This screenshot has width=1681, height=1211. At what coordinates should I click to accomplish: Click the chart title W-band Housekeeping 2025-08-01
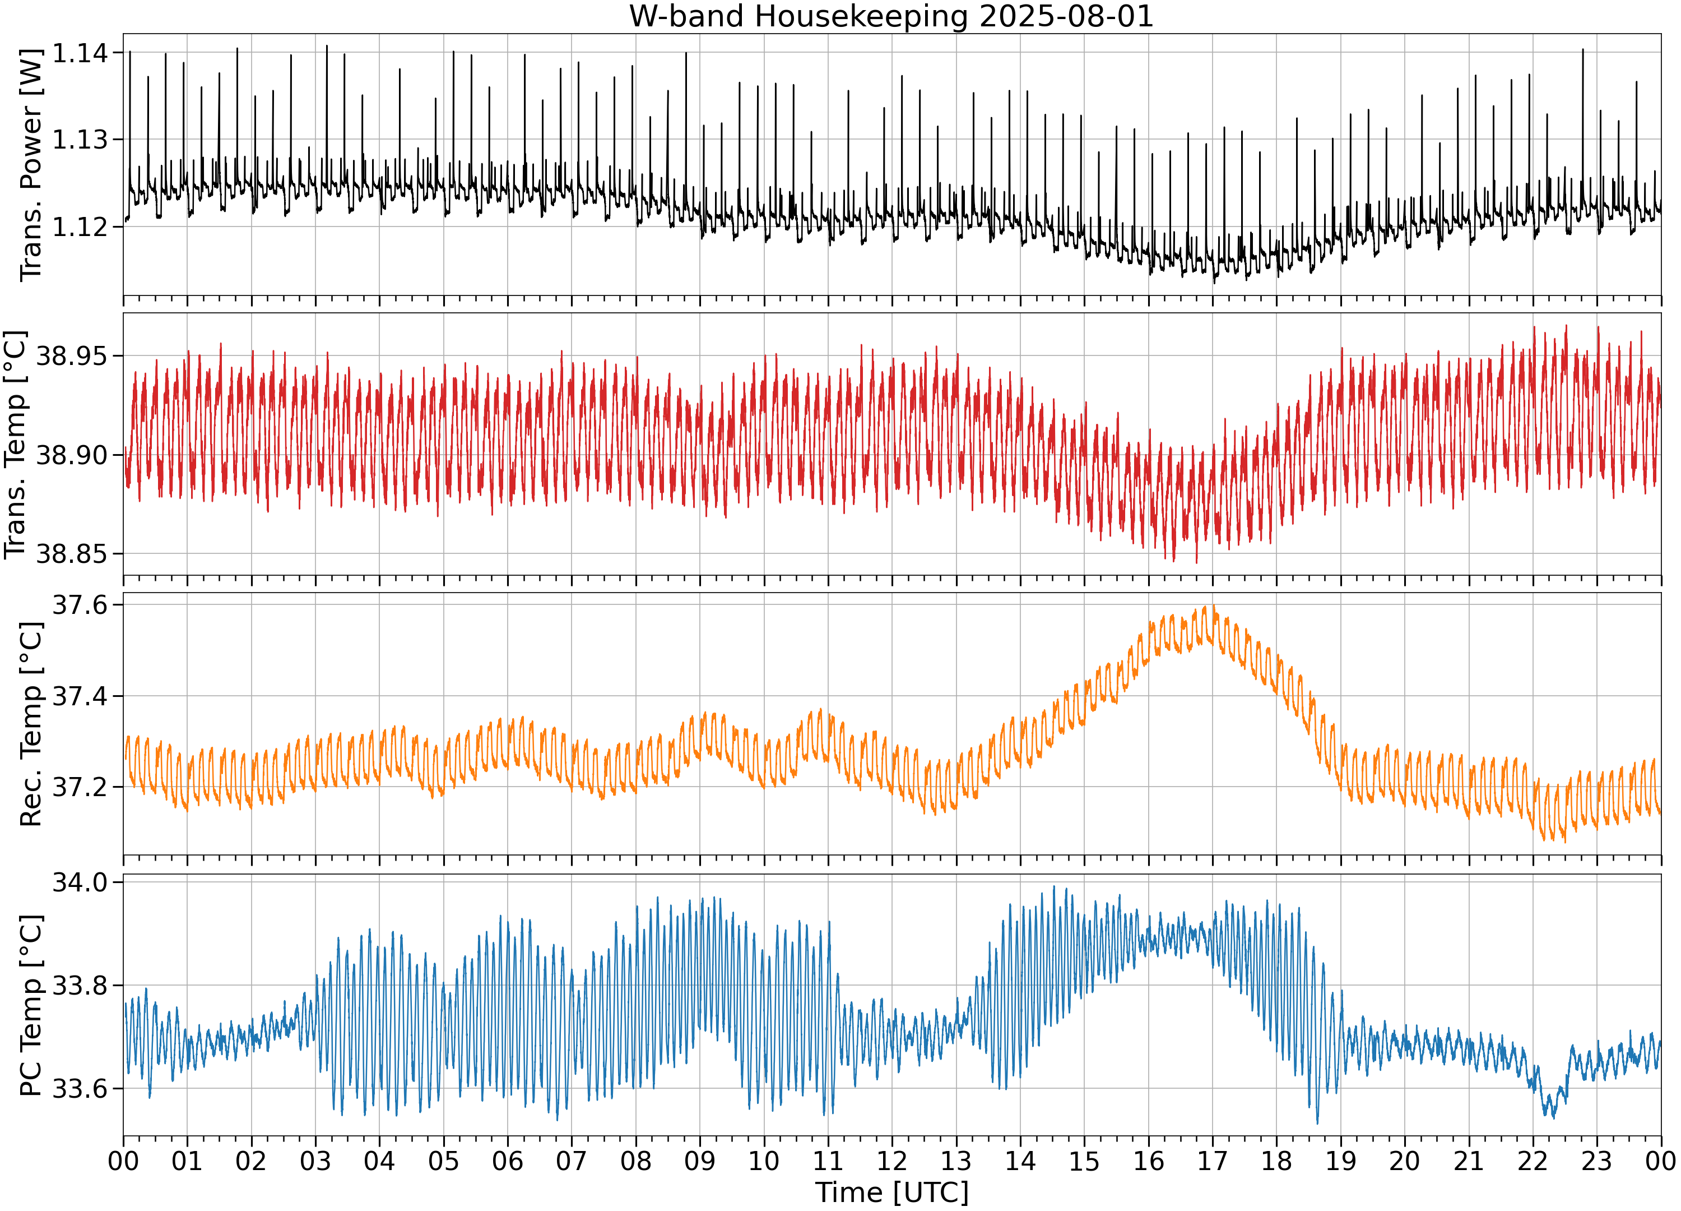pyautogui.click(x=891, y=16)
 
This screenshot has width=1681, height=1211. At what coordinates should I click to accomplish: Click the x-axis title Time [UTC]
pyautogui.click(x=891, y=1192)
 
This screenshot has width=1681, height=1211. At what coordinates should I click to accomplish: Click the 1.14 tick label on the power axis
pyautogui.click(x=80, y=53)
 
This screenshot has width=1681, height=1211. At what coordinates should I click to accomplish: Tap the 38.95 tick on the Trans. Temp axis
pyautogui.click(x=72, y=356)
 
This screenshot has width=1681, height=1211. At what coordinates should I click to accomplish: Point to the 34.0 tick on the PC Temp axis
pyautogui.click(x=80, y=882)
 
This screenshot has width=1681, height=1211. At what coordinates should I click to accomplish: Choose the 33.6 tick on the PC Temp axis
pyautogui.click(x=80, y=1089)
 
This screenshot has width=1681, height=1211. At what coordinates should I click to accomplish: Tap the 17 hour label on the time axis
pyautogui.click(x=1213, y=1161)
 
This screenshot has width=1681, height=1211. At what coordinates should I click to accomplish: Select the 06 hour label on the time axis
pyautogui.click(x=508, y=1161)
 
